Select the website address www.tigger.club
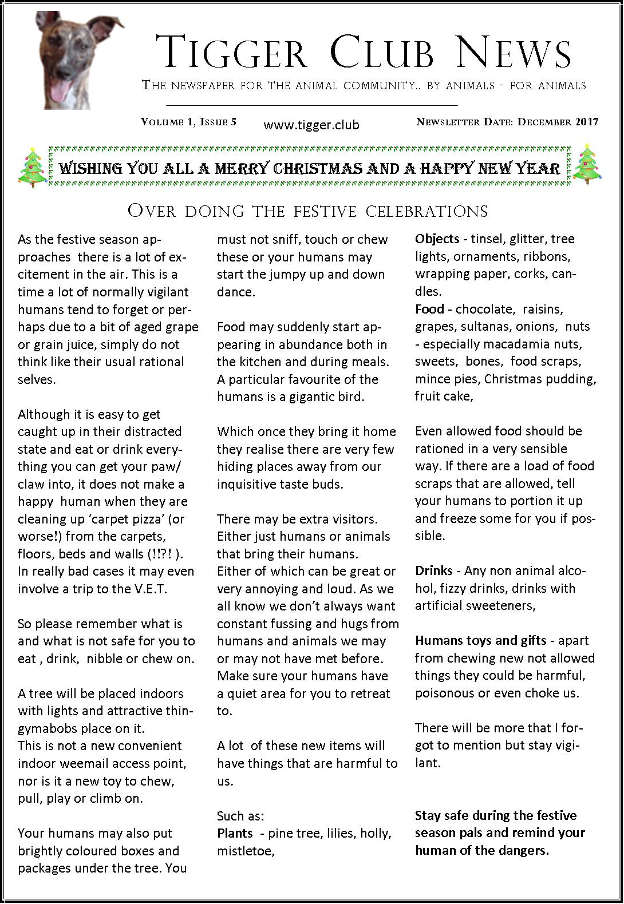[x=311, y=125]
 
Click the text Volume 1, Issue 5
[x=189, y=122]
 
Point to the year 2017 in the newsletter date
[x=587, y=122]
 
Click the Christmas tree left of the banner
[x=32, y=166]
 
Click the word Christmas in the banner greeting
[x=315, y=168]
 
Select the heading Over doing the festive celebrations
[x=308, y=211]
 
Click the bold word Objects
[x=437, y=239]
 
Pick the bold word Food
[x=429, y=310]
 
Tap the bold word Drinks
[x=434, y=571]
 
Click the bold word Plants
[x=235, y=833]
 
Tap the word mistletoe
[x=246, y=851]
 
